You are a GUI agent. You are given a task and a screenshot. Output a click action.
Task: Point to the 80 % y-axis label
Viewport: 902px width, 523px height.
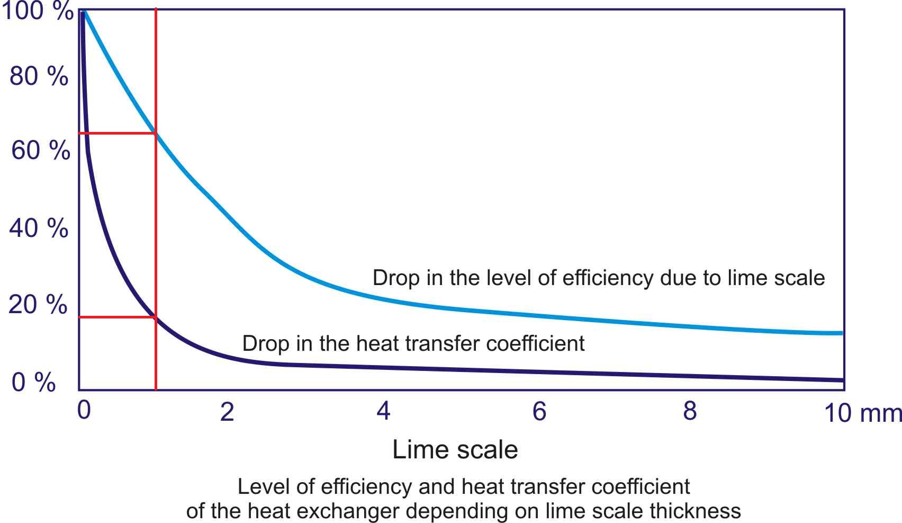click(x=39, y=76)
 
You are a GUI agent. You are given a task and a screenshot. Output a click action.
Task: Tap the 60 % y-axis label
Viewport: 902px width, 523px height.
click(x=40, y=150)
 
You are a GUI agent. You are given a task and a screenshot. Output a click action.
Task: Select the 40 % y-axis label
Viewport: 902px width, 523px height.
click(x=39, y=228)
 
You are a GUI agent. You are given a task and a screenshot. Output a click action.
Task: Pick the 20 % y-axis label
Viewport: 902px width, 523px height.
click(x=38, y=305)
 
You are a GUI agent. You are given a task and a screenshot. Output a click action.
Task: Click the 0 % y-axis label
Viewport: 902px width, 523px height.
click(x=33, y=382)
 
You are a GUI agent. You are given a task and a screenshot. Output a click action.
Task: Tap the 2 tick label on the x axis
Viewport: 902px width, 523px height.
click(x=227, y=412)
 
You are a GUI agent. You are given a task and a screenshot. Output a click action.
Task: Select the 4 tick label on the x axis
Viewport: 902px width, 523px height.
click(x=383, y=411)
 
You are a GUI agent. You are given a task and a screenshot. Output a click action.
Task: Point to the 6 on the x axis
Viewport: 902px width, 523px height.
click(x=539, y=411)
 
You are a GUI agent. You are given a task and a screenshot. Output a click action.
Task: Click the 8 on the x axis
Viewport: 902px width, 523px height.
click(x=690, y=411)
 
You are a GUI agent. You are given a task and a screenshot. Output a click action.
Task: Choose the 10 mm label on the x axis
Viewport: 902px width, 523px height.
click(x=862, y=413)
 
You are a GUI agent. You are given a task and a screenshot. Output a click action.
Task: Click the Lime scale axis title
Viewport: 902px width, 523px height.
click(x=455, y=449)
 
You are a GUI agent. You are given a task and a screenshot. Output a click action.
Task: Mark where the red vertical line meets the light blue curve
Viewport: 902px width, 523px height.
click(x=156, y=133)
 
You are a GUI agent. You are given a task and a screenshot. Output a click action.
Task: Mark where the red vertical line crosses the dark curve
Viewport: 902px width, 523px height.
click(x=156, y=317)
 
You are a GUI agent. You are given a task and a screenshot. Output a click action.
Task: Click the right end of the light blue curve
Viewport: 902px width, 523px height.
click(x=841, y=333)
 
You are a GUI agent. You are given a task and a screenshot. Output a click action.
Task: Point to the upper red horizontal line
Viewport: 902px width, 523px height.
click(x=117, y=133)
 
